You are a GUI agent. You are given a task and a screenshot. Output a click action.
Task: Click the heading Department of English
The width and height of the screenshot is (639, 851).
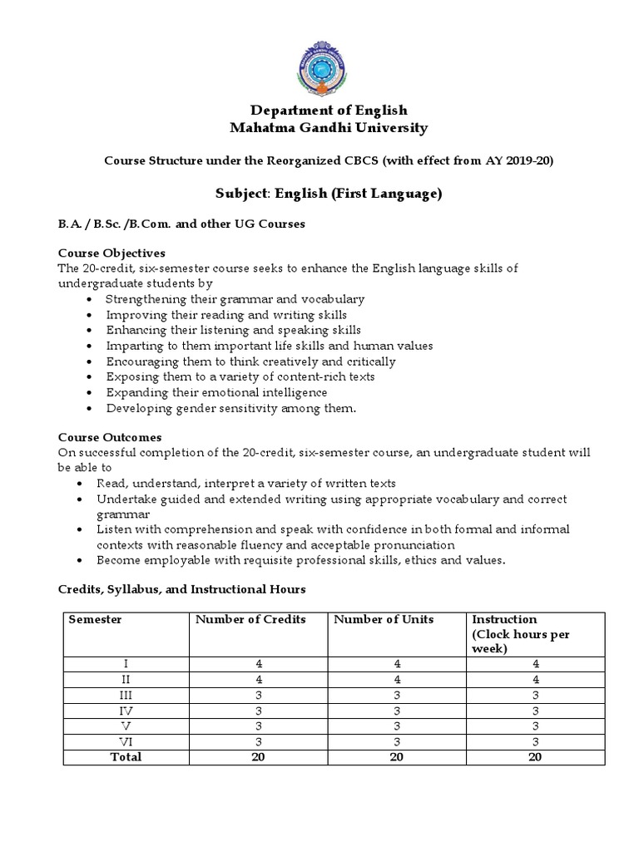[x=319, y=111]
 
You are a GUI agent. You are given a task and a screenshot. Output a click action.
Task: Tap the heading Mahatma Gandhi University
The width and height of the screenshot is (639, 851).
[x=319, y=128]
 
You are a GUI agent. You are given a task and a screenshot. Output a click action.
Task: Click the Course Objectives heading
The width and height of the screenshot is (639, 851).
[x=111, y=253]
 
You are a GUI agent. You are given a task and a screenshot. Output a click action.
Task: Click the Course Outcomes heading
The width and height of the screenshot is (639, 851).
[x=110, y=437]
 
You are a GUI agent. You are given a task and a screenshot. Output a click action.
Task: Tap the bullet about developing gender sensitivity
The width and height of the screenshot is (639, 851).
[x=230, y=408]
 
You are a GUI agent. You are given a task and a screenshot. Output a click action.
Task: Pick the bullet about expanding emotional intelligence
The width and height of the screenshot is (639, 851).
[x=216, y=392]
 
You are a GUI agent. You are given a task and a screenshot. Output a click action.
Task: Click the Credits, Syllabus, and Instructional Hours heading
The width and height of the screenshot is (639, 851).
[x=181, y=590]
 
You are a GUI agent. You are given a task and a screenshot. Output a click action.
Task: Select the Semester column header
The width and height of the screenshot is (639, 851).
[x=95, y=620]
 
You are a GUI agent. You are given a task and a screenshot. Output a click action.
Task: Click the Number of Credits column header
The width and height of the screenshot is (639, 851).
[x=250, y=620]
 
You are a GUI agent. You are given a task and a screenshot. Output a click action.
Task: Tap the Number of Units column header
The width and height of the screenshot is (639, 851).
[x=384, y=620]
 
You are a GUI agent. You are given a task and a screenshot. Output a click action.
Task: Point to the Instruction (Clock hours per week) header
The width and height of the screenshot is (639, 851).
[x=522, y=634]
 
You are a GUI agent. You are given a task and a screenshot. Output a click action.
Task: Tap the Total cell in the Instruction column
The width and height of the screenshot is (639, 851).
[x=536, y=756]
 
